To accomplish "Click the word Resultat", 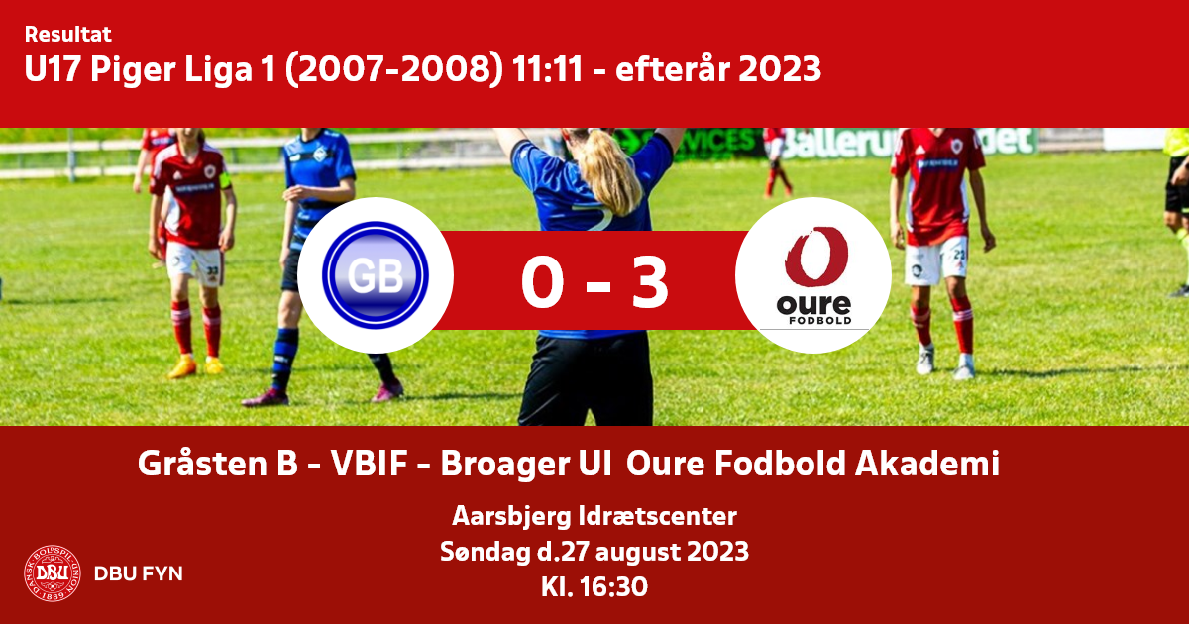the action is pos(68,35).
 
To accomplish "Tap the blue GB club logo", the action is pos(376,275).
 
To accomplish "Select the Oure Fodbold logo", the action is pos(813,276).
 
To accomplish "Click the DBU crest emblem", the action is pos(53,573).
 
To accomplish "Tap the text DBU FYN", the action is pos(139,573).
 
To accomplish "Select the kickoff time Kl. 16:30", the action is pos(594,587).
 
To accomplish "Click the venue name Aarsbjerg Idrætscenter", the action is pos(594,516).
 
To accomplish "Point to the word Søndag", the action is pos(486,552).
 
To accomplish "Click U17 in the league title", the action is pos(54,69).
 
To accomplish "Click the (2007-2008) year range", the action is pos(394,69).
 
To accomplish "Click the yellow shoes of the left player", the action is pos(196,365).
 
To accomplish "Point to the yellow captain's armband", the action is pos(225,180).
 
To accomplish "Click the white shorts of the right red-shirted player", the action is pos(935,260).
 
